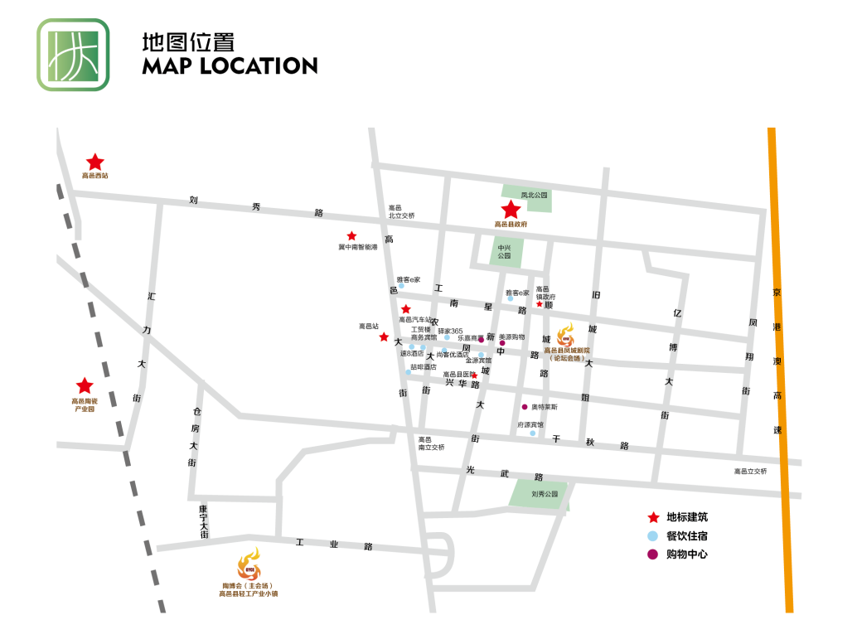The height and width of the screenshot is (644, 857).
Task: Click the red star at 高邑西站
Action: [95, 162]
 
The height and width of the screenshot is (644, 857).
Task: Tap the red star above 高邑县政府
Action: [511, 210]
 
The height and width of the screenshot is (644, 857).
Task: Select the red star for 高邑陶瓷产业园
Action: [85, 386]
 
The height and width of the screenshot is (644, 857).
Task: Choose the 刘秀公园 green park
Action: [539, 493]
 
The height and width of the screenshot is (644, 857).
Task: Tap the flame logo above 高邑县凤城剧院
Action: [567, 335]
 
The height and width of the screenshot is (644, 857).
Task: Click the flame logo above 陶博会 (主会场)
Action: [249, 568]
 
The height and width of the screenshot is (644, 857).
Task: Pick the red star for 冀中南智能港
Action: [352, 236]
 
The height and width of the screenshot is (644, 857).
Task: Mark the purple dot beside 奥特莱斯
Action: [524, 407]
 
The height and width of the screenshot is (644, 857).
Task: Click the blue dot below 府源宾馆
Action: [533, 433]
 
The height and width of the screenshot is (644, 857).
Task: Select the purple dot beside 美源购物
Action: [501, 343]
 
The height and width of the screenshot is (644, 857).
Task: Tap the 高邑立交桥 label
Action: [750, 472]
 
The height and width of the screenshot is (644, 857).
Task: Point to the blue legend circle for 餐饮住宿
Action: [653, 536]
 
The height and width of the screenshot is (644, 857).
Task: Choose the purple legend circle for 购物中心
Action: [653, 554]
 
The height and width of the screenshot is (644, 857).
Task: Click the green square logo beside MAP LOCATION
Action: [73, 55]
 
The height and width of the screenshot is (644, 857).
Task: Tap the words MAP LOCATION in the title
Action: [230, 66]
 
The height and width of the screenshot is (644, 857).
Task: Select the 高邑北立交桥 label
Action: [401, 212]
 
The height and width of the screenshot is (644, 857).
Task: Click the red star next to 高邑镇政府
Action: [540, 304]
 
